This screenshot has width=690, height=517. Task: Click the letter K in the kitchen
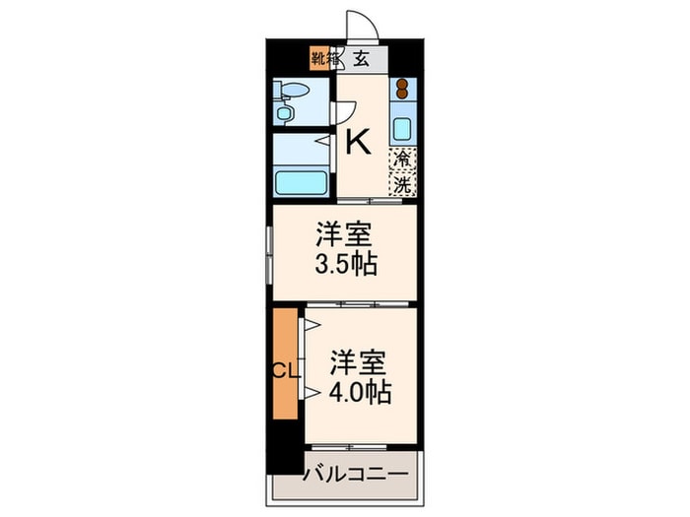(x=358, y=144)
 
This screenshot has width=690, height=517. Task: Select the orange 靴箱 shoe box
(x=321, y=57)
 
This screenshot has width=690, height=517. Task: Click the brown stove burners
(x=402, y=94)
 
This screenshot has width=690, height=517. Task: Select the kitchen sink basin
(x=402, y=129)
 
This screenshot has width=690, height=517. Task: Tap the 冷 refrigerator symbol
(x=402, y=158)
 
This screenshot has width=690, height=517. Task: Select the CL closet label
(x=285, y=372)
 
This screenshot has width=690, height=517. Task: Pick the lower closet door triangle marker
(x=310, y=393)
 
